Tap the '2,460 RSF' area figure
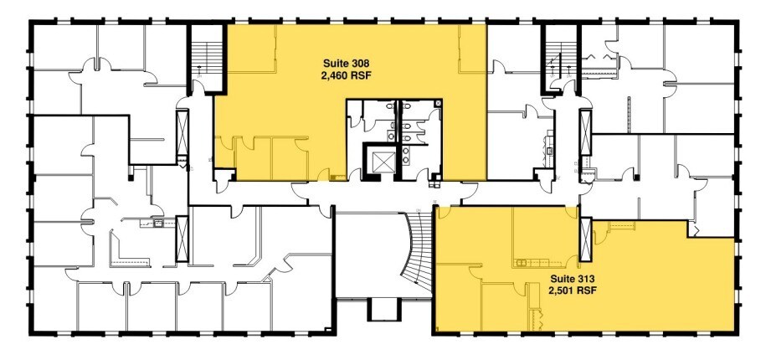[x=347, y=75]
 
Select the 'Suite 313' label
[x=573, y=278]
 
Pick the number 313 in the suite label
[x=585, y=278]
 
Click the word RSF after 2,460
[x=362, y=75]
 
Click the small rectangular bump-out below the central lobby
[x=384, y=310]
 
